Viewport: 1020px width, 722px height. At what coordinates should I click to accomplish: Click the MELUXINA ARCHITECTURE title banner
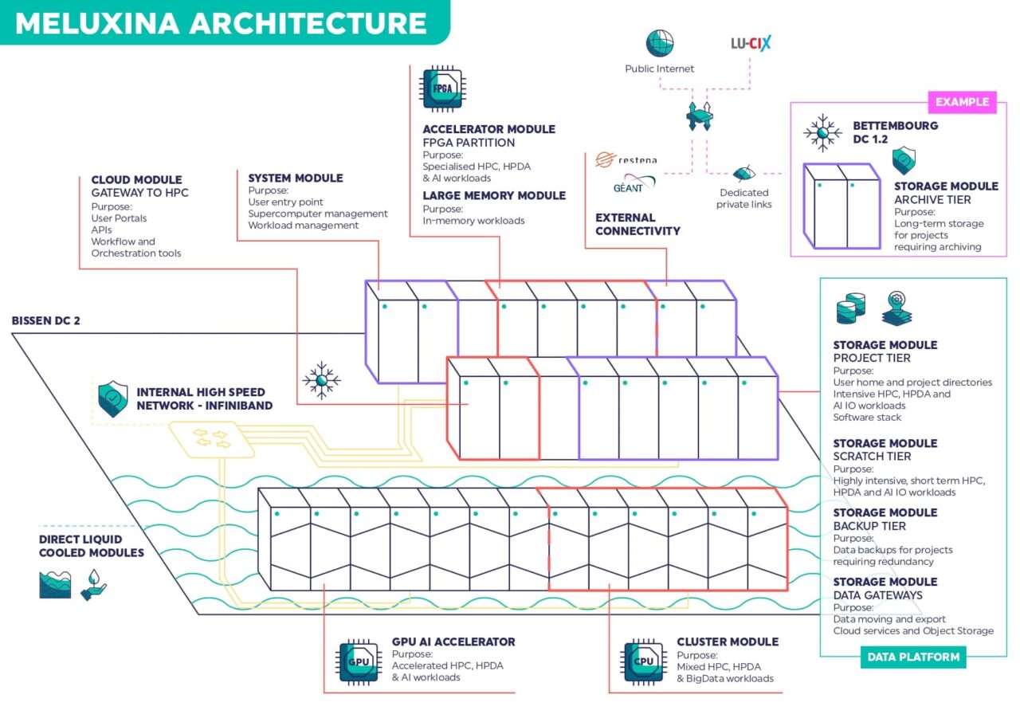pyautogui.click(x=222, y=22)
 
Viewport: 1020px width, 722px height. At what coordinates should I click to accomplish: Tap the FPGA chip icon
pyautogui.click(x=442, y=88)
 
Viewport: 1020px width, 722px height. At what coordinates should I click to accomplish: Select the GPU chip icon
pyautogui.click(x=359, y=661)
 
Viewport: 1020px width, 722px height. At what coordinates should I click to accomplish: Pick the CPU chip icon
pyautogui.click(x=644, y=661)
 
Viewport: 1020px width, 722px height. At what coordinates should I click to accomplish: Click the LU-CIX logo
pyautogui.click(x=751, y=43)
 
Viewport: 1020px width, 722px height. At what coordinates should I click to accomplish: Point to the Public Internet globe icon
pyautogui.click(x=659, y=43)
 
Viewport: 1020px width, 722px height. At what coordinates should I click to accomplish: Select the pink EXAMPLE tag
pyautogui.click(x=962, y=102)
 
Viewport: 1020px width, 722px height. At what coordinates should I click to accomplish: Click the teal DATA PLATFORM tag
pyautogui.click(x=912, y=657)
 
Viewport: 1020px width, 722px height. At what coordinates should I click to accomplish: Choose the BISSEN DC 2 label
pyautogui.click(x=46, y=321)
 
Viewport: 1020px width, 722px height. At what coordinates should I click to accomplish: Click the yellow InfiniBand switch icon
pyautogui.click(x=212, y=439)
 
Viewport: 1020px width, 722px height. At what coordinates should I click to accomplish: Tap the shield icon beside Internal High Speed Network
pyautogui.click(x=112, y=399)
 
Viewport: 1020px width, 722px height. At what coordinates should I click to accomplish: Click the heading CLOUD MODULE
pyautogui.click(x=136, y=180)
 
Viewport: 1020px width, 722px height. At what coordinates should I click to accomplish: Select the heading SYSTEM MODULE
pyautogui.click(x=296, y=178)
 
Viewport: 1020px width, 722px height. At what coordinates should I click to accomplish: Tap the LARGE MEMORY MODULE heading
pyautogui.click(x=494, y=195)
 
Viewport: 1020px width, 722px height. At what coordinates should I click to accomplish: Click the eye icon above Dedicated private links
pyautogui.click(x=743, y=173)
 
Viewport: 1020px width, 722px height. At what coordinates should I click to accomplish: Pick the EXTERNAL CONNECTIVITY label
pyautogui.click(x=638, y=224)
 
